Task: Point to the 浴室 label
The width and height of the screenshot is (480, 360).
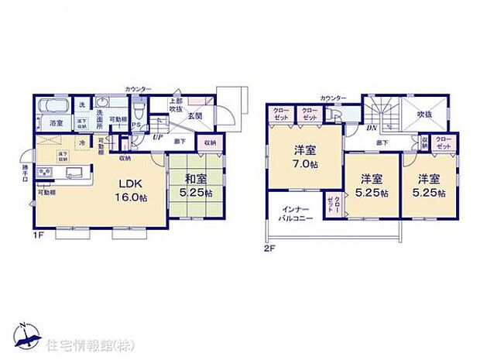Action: [57, 123]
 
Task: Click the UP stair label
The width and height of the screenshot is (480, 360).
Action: [159, 136]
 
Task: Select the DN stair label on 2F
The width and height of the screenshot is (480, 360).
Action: [372, 128]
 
